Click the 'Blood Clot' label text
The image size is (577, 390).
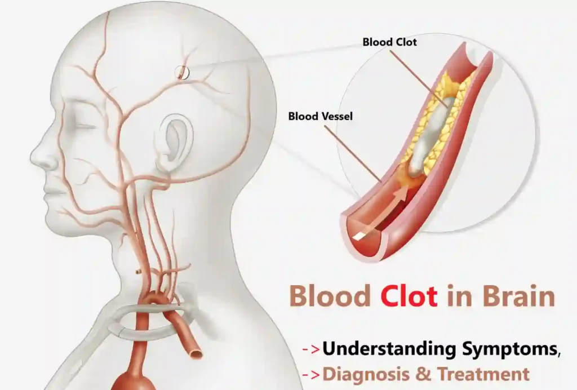tap(390, 42)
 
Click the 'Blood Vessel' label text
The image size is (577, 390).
tap(320, 116)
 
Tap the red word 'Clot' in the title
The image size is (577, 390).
tap(409, 296)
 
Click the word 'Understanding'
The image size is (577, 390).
tap(389, 349)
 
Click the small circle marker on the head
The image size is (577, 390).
tap(182, 73)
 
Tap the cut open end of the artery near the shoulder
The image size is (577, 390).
tap(195, 353)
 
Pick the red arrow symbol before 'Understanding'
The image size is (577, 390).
tap(310, 349)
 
